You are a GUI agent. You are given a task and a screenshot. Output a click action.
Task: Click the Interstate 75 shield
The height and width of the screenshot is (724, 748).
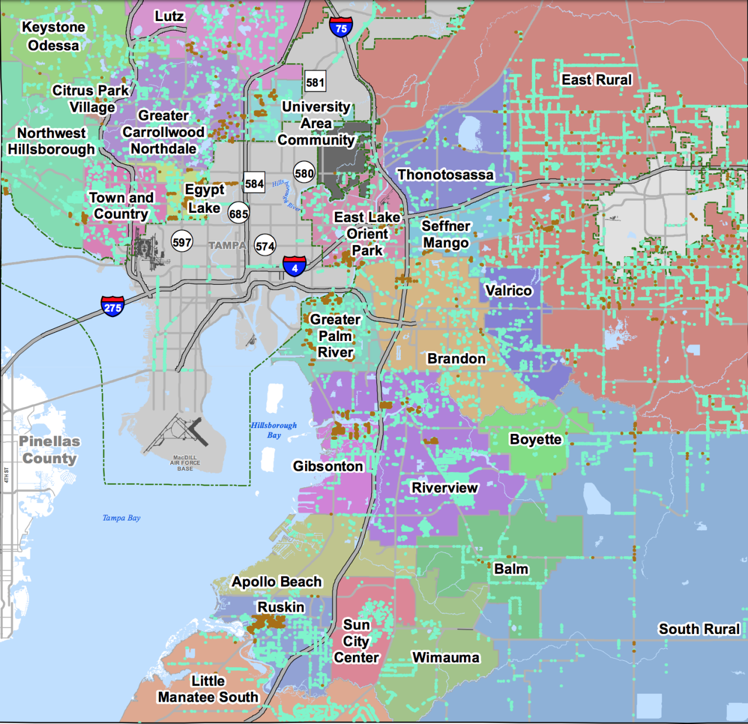click(341, 27)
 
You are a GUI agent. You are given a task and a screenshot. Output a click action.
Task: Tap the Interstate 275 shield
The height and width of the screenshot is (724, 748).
click(112, 306)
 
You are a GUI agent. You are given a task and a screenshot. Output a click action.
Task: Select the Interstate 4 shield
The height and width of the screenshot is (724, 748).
click(295, 266)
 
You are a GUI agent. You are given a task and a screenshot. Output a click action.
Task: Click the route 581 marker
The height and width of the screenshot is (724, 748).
click(315, 82)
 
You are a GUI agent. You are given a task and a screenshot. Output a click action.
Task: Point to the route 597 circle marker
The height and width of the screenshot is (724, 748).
click(182, 242)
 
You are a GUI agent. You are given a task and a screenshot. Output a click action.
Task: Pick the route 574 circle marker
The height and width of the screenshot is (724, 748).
click(265, 246)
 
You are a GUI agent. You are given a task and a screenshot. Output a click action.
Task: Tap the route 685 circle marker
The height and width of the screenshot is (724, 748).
click(238, 213)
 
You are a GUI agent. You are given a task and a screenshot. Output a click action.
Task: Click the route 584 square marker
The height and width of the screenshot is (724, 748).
click(254, 184)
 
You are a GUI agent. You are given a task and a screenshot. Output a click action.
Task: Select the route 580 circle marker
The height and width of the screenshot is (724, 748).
click(304, 173)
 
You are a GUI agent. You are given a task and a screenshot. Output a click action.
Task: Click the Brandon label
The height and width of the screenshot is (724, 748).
click(456, 358)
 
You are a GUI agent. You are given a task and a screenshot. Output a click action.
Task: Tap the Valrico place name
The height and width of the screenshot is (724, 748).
click(508, 291)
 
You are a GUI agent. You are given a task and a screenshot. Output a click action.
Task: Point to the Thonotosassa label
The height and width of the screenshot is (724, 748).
click(445, 175)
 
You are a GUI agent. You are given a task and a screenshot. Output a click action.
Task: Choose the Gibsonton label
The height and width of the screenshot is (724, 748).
click(328, 466)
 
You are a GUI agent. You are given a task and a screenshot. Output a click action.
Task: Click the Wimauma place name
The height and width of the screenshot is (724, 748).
click(446, 657)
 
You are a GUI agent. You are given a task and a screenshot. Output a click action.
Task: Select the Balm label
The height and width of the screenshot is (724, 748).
click(511, 569)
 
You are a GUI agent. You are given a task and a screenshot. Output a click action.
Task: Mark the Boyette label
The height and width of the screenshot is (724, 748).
click(535, 439)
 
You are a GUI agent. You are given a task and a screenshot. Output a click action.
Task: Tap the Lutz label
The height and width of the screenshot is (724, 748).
click(169, 16)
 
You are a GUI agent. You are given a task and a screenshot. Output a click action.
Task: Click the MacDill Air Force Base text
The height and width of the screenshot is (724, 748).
click(185, 463)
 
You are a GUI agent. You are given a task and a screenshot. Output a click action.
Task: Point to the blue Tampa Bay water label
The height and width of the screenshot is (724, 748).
click(122, 518)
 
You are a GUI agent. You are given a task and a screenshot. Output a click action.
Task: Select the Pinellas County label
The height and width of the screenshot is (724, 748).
click(50, 450)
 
